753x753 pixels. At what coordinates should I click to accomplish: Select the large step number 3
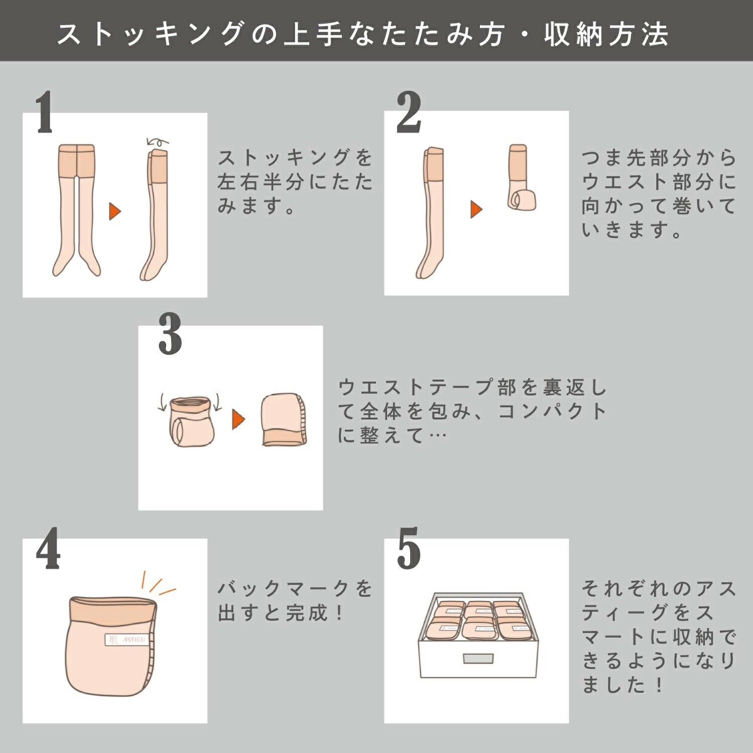pos(170,334)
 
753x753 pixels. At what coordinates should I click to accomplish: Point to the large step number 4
pos(48,549)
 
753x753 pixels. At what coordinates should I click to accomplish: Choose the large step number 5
pos(409,549)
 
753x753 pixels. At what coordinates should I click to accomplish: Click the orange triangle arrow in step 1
pos(115,211)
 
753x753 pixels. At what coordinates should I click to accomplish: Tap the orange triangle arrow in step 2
pos(476,209)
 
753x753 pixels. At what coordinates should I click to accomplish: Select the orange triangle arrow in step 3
pos(238,419)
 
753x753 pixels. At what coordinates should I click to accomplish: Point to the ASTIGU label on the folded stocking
pos(126,640)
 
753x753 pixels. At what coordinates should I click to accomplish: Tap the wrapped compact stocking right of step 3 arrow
pos(284,420)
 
